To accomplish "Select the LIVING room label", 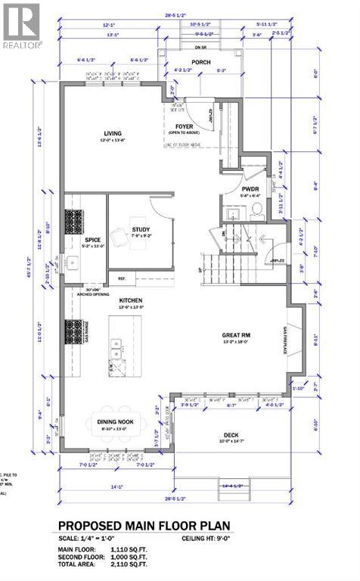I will pos(113,135).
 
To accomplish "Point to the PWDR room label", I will pos(251,190).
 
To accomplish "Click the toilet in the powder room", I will pos(256,207).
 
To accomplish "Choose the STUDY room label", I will pos(140,230).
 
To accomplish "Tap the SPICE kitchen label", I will pos(92,241).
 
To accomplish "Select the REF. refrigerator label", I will pos(122,278).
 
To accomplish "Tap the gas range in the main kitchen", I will pos(75,331).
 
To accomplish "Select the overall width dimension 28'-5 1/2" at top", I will pos(179,13).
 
